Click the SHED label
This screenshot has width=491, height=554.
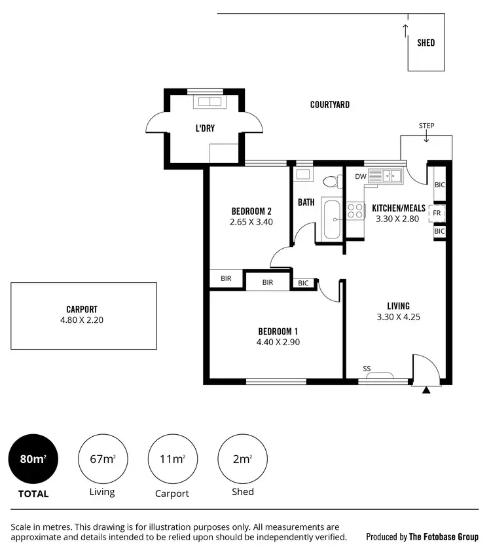(x=426, y=43)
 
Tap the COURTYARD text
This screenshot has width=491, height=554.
(x=330, y=105)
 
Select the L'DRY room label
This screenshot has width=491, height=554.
(x=205, y=128)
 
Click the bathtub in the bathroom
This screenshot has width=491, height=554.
(x=331, y=220)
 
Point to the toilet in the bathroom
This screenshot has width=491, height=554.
(x=332, y=181)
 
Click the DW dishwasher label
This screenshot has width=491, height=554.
(x=360, y=177)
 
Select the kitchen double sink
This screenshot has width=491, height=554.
(x=385, y=175)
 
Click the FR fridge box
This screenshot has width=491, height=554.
(x=435, y=213)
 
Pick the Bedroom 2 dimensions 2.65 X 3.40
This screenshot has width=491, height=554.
(x=251, y=222)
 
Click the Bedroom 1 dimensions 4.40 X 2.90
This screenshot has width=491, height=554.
(x=279, y=342)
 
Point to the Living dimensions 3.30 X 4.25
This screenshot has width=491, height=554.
(x=398, y=317)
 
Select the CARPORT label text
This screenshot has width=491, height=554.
(x=82, y=310)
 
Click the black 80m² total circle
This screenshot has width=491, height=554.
(x=33, y=459)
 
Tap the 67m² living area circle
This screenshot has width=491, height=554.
(x=102, y=459)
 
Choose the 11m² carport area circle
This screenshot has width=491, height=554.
(x=172, y=459)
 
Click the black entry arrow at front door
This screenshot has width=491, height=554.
(x=426, y=390)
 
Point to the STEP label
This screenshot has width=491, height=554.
(x=426, y=126)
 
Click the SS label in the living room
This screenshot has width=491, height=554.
(x=367, y=369)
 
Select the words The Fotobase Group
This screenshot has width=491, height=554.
(x=443, y=537)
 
